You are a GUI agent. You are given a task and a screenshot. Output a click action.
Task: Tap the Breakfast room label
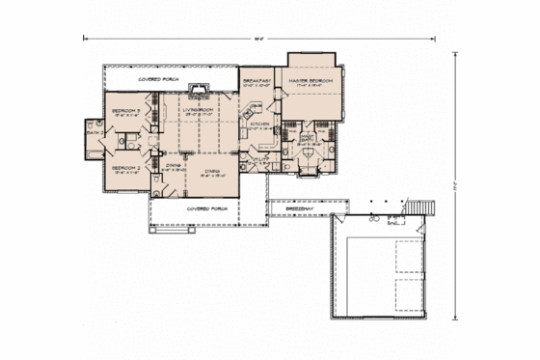pos(256,81)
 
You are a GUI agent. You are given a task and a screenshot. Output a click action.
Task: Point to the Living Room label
pos(198,110)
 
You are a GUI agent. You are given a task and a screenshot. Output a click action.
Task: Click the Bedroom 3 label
pos(127,110)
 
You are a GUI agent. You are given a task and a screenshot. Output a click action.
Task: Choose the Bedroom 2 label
pos(127,170)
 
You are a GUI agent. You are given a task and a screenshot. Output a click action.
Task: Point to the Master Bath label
pos(309,138)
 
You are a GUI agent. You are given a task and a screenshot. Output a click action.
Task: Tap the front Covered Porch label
pos(203,207)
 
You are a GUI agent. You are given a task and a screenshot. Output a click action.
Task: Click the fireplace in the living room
pos(200,90)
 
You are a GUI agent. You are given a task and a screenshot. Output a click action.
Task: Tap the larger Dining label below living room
pos(213,171)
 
